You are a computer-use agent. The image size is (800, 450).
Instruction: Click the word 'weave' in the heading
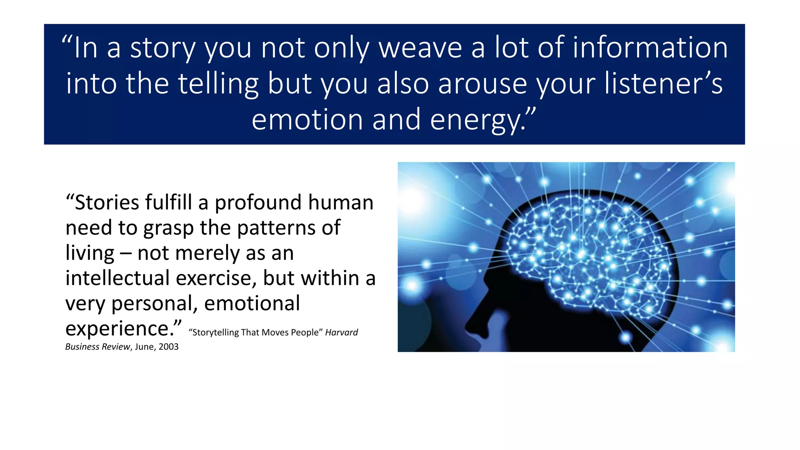[420, 48]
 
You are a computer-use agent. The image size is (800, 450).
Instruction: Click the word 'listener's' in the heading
[664, 84]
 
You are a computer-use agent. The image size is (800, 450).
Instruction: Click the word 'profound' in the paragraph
[258, 202]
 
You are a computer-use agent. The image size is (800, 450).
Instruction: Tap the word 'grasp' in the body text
[168, 228]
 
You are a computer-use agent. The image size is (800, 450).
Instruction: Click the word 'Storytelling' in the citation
[215, 332]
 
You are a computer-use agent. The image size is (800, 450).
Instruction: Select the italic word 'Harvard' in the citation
[341, 332]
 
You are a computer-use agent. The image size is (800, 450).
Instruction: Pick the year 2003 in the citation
[168, 347]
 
